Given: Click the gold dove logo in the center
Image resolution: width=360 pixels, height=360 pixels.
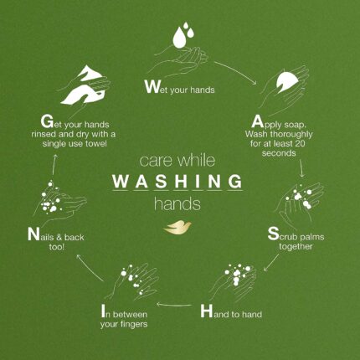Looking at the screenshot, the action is tap(177, 227).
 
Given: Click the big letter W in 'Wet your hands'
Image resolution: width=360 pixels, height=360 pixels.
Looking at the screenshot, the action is tap(152, 86).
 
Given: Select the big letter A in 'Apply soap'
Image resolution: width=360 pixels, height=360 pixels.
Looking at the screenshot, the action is tap(257, 121).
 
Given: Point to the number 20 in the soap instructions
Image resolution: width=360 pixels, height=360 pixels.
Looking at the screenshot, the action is tap(299, 143).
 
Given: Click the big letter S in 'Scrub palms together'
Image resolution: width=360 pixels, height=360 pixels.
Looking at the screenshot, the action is tap(273, 234).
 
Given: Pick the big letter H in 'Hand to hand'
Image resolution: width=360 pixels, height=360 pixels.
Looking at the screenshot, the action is tap(207, 311).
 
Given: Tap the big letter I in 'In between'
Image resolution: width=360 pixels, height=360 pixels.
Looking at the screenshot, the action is tap(103, 311).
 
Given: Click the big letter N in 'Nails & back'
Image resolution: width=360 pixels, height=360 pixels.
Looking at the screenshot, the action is tap(33, 234).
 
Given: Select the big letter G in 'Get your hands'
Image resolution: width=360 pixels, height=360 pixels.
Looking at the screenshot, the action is tap(47, 121).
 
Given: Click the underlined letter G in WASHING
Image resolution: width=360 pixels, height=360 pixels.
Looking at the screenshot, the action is tap(234, 181).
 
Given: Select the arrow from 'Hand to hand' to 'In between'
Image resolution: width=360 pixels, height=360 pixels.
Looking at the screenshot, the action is tap(174, 305).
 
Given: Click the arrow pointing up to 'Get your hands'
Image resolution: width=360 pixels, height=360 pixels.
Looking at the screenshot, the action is tap(54, 165).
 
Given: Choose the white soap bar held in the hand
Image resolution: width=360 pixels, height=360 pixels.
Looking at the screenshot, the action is tap(286, 81).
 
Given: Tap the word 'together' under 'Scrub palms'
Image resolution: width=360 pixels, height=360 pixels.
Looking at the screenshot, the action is tap(296, 247).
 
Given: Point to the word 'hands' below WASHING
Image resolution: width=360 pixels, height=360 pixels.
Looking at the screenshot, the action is tap(177, 203).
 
